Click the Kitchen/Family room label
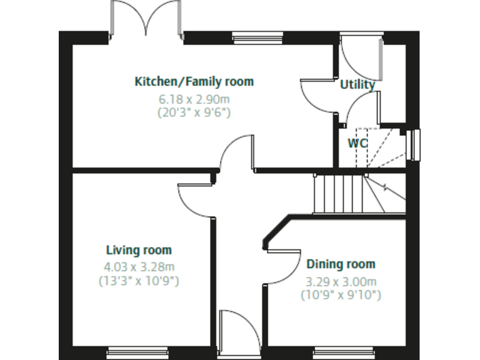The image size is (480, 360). click(x=194, y=81)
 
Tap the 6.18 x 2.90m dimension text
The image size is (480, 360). click(x=194, y=99)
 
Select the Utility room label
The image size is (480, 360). click(x=357, y=85)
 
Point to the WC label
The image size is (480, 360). click(x=357, y=142)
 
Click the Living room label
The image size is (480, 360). click(x=139, y=251)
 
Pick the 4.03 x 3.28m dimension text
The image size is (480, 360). click(x=139, y=267)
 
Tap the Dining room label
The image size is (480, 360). click(x=341, y=264)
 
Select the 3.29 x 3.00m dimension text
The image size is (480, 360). click(x=341, y=281)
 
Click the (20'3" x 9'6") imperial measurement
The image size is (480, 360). click(x=194, y=112)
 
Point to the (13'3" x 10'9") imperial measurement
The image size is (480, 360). click(x=139, y=281)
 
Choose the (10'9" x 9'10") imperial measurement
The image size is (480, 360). click(x=341, y=294)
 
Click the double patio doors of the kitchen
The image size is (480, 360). click(x=147, y=19)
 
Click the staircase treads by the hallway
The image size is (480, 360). click(x=338, y=194)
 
